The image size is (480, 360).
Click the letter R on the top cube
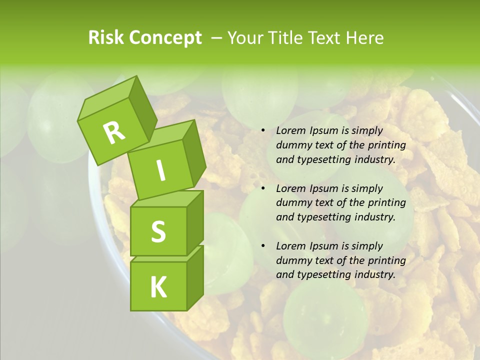pos(114,132)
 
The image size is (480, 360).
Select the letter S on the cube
pos(158,231)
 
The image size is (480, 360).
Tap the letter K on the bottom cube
pos(158,287)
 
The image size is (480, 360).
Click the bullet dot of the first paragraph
pos(262,130)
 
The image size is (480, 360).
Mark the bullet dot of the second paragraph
pos(262,188)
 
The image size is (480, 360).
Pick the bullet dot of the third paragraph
pos(262,246)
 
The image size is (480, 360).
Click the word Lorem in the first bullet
pos(290,130)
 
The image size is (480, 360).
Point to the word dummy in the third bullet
pos(292,260)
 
